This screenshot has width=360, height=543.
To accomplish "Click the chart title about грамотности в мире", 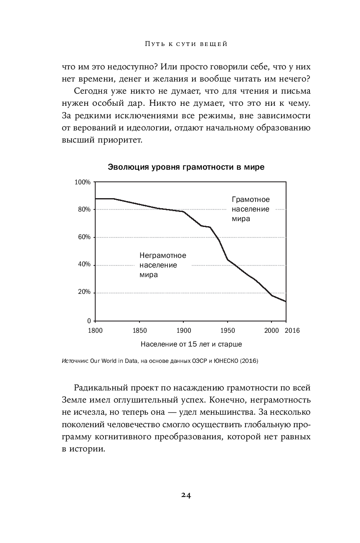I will point(186,167).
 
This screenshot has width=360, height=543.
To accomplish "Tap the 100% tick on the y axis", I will point(83,182).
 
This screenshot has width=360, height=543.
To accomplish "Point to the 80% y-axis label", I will point(84,209).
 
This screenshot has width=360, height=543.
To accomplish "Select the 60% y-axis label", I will point(84,237).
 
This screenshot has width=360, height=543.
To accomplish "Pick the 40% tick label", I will point(84,265).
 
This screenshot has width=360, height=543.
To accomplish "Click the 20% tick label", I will point(84,292).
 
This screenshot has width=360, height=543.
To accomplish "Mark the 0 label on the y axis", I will point(89,321).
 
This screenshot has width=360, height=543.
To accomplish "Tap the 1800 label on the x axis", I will point(95,330).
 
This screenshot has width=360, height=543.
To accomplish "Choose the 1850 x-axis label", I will point(139,330).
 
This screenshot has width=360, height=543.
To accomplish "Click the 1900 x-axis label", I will point(183,330).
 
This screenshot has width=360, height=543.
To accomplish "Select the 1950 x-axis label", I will point(228,330).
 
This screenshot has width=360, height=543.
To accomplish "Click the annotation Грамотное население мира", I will point(251,209).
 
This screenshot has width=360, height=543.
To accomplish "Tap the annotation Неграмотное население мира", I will point(162,265).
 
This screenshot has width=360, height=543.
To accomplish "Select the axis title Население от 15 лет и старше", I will point(191,344).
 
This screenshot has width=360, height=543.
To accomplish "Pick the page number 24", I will point(186,495).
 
